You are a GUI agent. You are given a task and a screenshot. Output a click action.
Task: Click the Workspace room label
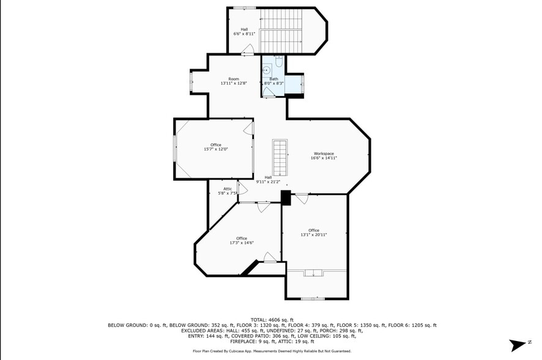324,153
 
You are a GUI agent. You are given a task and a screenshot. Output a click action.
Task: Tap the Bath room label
274,79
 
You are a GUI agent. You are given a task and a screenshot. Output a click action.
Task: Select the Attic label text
228,189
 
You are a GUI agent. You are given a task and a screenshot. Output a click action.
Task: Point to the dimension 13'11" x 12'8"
234,83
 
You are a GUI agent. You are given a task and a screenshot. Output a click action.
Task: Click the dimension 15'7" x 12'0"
215,149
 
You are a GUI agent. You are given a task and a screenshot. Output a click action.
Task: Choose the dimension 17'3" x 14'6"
242,242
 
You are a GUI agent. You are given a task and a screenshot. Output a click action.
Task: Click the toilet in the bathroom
279,61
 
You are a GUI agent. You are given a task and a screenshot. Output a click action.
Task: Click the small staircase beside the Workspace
280,157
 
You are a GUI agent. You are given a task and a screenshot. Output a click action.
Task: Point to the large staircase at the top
282,31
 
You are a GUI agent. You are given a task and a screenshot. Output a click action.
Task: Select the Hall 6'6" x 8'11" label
244,31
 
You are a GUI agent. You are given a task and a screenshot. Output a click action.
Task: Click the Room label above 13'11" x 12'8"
234,78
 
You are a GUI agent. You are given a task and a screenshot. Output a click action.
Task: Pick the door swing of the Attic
242,188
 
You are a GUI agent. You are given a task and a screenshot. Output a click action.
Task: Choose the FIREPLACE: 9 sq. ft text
209,342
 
